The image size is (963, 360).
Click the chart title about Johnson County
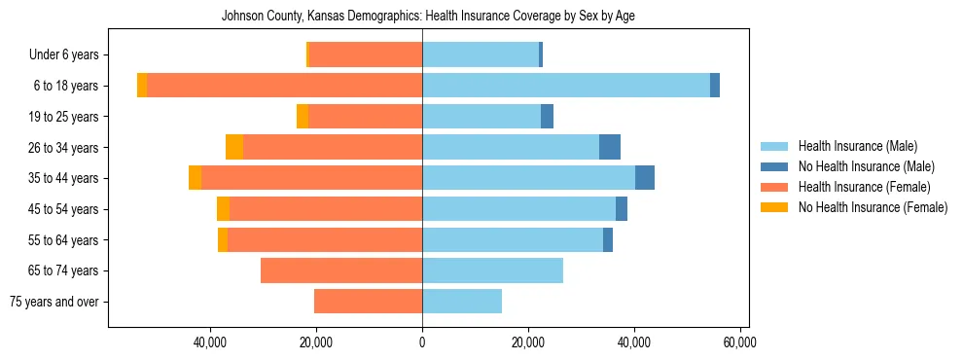click(x=428, y=17)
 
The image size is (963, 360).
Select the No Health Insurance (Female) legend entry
click(x=873, y=207)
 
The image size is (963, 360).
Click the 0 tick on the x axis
click(x=422, y=342)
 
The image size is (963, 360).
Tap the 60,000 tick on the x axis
click(x=740, y=342)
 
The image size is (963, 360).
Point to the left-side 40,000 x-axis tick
click(x=210, y=342)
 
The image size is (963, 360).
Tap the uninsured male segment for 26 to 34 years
click(x=610, y=147)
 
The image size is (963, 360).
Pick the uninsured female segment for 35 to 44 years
click(x=195, y=178)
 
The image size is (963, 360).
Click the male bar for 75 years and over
click(x=462, y=302)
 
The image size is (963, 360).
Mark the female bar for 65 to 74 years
click(x=341, y=270)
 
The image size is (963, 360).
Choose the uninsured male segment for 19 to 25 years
click(x=547, y=117)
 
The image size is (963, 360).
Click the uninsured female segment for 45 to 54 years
click(x=223, y=209)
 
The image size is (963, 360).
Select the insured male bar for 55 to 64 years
click(x=513, y=239)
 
